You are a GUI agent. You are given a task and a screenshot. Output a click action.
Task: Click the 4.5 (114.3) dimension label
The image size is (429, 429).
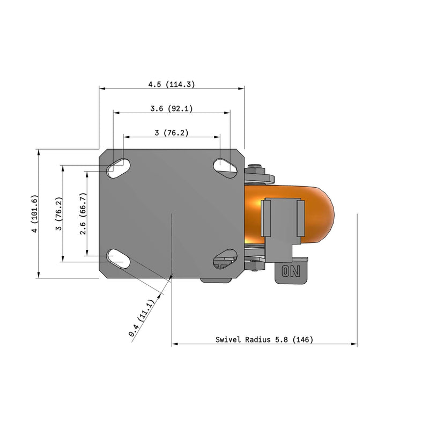(171, 84)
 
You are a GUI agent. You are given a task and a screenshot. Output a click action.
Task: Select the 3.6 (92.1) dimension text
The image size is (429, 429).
(171, 109)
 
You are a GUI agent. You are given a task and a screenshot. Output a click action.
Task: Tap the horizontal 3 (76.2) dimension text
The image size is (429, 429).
(171, 133)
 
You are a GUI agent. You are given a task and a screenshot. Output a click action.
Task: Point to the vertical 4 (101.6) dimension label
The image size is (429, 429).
(34, 214)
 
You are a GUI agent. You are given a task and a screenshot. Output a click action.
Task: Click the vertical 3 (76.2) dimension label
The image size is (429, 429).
(59, 214)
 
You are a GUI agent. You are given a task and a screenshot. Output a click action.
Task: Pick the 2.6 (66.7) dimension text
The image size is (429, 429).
(83, 214)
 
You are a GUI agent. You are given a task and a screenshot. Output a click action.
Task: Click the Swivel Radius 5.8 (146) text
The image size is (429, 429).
(264, 339)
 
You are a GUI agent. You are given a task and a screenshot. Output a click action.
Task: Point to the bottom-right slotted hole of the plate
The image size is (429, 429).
(226, 258)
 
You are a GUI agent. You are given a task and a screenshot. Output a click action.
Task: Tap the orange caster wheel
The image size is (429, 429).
(316, 214)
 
